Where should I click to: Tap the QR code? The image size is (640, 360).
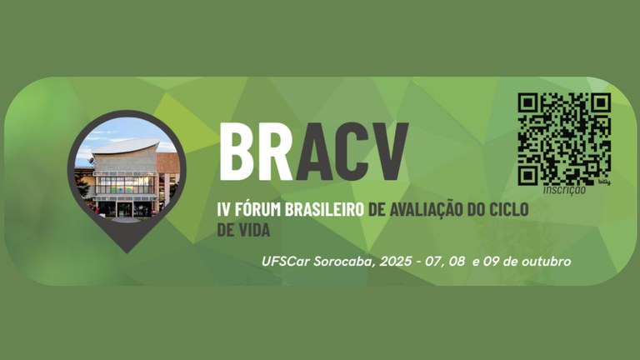coord(564,137)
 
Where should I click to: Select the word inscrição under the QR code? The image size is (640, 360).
coord(564,189)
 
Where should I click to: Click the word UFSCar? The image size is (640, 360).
coord(285,261)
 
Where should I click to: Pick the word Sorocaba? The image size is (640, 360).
coord(342,261)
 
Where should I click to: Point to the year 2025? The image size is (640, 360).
coord(396,261)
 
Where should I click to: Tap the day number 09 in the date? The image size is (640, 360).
coord(493,261)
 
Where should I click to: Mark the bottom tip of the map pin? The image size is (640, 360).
coord(126,249)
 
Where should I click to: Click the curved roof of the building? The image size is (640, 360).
coord(126,148)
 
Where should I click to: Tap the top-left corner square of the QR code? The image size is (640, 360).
coord(527,102)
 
